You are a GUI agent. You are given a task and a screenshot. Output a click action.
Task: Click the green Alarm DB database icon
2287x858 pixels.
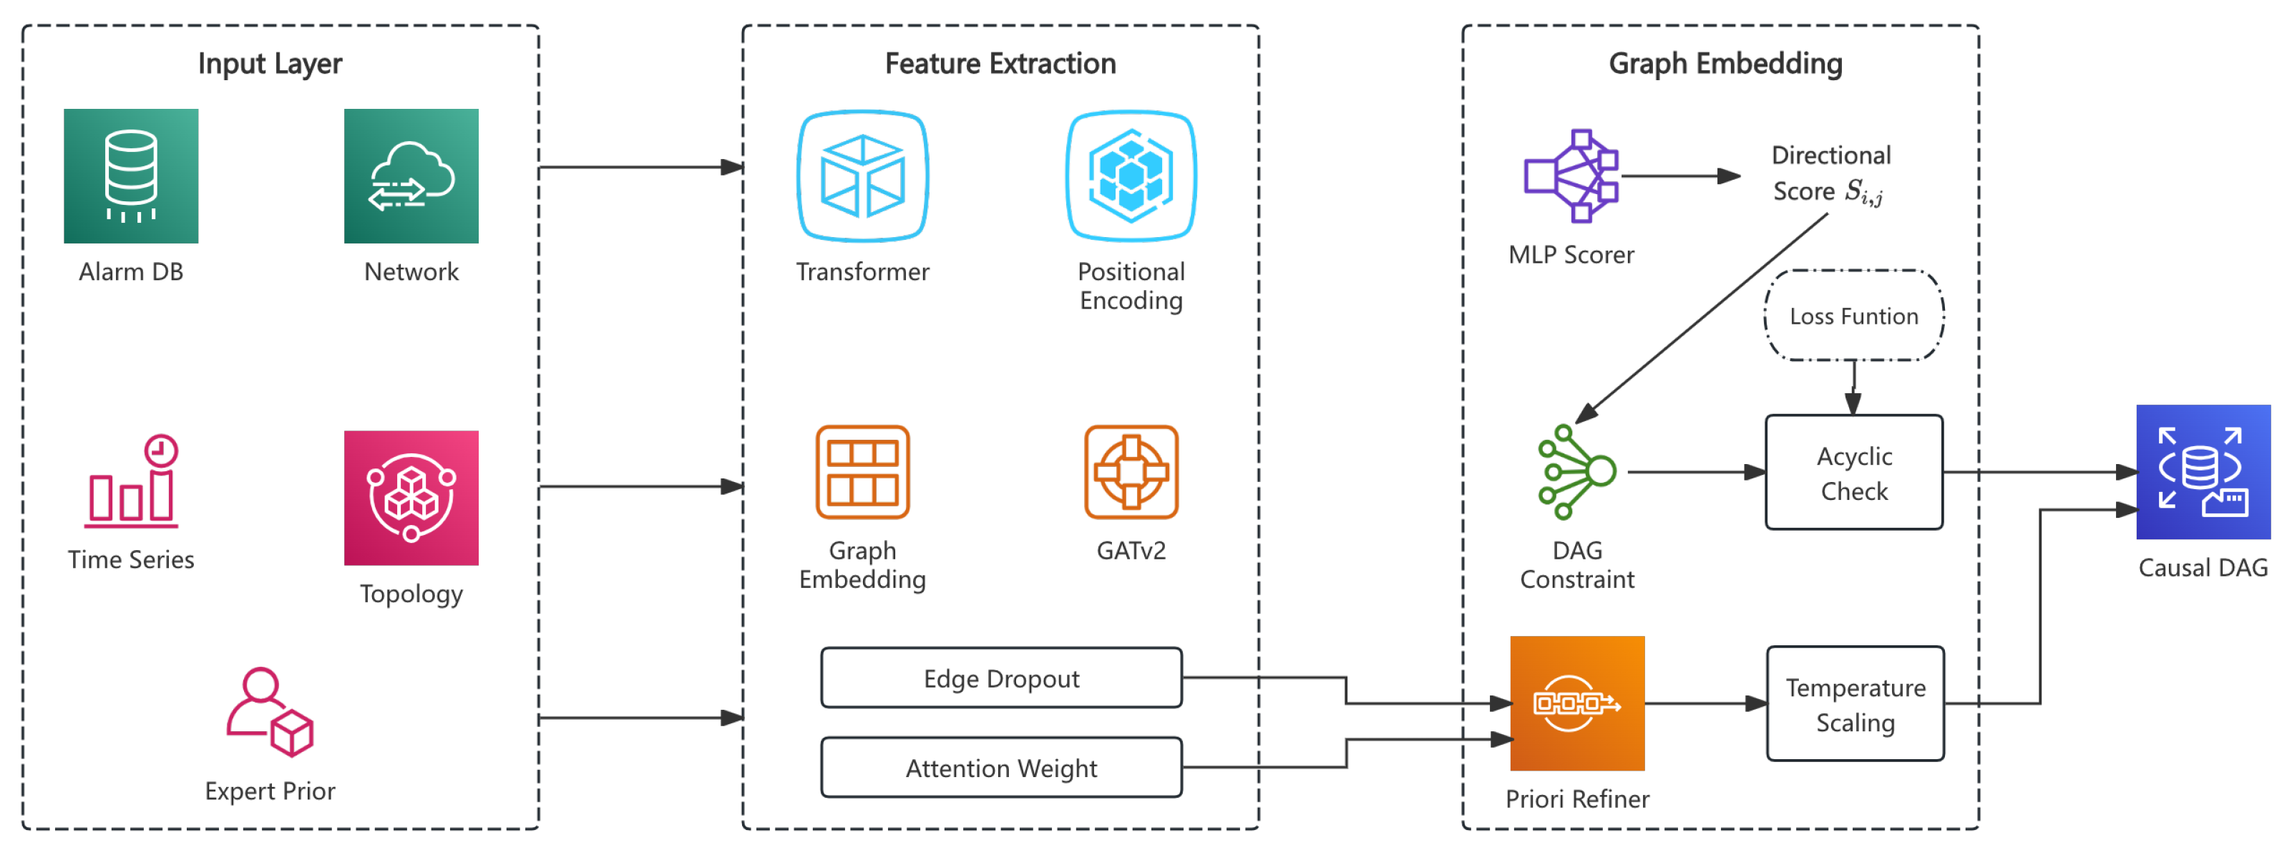click(130, 176)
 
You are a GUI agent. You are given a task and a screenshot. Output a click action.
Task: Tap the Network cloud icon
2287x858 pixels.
click(411, 176)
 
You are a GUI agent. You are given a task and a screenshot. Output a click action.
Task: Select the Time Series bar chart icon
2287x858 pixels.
click(132, 480)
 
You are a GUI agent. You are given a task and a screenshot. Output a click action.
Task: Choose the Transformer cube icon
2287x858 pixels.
click(862, 176)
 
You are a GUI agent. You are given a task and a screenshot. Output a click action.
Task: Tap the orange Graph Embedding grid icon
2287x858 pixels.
click(862, 472)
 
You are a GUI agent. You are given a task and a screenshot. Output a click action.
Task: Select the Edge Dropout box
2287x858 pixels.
click(1000, 678)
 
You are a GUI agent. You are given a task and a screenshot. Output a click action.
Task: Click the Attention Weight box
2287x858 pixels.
click(1000, 768)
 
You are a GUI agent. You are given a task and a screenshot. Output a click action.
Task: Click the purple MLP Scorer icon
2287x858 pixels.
click(1571, 176)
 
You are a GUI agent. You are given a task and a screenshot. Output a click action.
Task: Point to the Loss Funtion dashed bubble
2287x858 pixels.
click(1854, 315)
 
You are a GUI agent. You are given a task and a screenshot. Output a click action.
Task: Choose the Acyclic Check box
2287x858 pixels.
click(1854, 473)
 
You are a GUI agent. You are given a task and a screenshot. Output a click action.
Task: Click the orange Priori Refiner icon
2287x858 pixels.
click(1576, 703)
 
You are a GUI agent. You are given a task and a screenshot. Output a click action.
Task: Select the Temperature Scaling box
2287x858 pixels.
click(1855, 703)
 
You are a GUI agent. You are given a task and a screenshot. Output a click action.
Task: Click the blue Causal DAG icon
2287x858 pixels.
click(2203, 472)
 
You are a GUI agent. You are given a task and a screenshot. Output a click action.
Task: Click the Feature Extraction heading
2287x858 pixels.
click(1000, 64)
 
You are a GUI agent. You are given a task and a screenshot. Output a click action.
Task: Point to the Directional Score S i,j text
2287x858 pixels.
click(1830, 173)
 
